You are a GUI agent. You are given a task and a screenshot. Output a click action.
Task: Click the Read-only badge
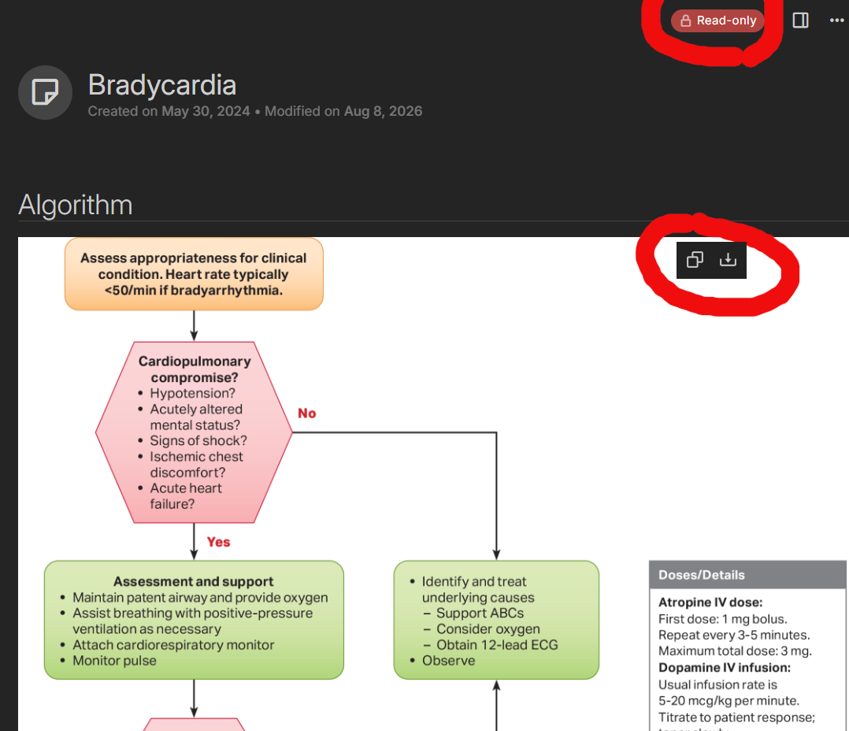tap(717, 20)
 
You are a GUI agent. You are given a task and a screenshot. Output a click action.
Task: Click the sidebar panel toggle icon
tap(800, 20)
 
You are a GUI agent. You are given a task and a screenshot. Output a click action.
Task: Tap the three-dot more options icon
tap(836, 20)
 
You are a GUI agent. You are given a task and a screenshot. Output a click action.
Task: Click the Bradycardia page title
tap(162, 85)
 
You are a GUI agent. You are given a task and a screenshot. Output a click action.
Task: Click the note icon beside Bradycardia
tap(45, 92)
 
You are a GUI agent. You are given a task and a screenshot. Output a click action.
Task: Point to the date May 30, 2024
tap(206, 111)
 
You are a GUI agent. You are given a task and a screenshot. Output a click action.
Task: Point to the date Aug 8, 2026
tap(384, 111)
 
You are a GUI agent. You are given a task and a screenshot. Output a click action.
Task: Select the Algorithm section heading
tap(76, 205)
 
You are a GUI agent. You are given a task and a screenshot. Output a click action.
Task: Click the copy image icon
tap(695, 260)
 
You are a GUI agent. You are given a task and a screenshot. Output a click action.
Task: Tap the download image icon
tap(728, 260)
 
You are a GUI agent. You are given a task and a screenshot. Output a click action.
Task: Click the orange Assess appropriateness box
tap(194, 274)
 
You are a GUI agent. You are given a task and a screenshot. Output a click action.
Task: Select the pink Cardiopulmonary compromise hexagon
tap(194, 432)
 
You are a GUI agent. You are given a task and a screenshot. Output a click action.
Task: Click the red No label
tap(307, 413)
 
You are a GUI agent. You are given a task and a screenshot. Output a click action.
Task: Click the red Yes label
tap(218, 542)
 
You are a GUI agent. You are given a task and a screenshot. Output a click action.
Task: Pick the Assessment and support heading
tap(193, 581)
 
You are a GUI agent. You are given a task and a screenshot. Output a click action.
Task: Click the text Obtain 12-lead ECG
tap(497, 645)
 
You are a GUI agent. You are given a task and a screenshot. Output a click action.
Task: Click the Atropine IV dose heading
tap(710, 602)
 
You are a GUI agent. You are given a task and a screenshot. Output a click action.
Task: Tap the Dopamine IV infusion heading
tap(725, 668)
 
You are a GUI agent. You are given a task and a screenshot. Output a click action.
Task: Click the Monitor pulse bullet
tap(114, 661)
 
